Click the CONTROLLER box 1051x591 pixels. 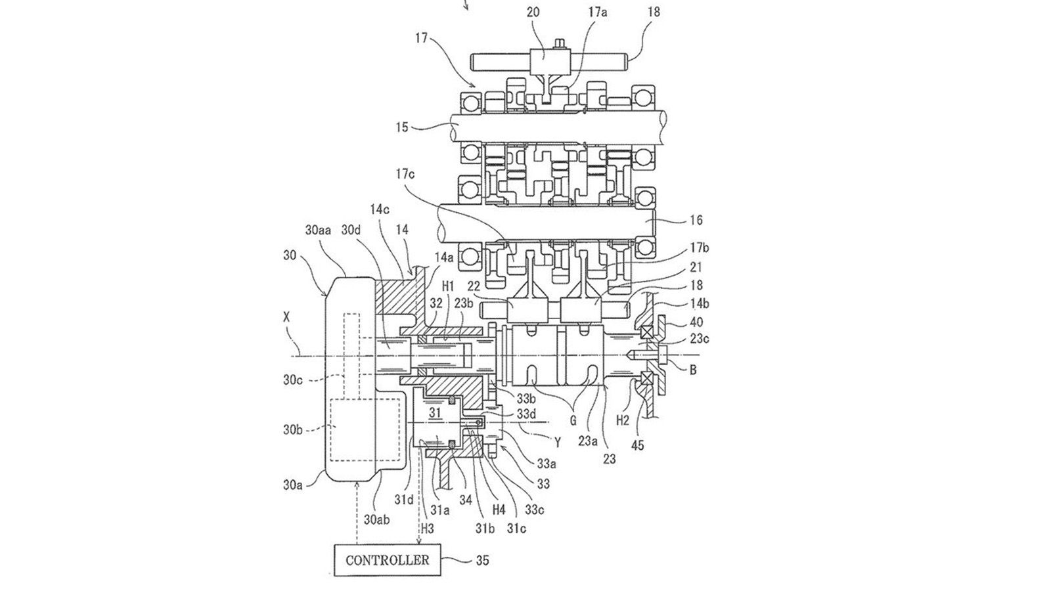(x=388, y=559)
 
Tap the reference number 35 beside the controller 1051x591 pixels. (x=482, y=560)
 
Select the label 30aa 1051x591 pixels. (x=318, y=230)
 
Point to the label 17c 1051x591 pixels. (x=405, y=174)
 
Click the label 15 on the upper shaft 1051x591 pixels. (x=402, y=127)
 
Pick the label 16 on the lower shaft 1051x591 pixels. (x=697, y=220)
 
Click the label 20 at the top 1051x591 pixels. (x=533, y=12)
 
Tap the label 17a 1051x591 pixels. (x=597, y=12)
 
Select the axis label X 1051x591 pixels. (x=286, y=317)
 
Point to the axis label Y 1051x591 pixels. (x=558, y=442)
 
